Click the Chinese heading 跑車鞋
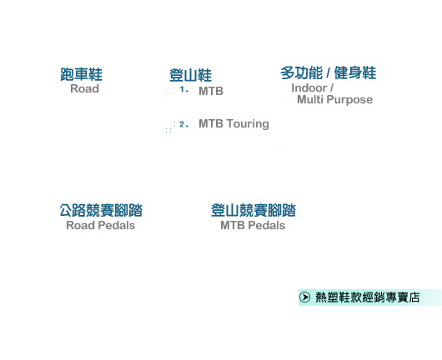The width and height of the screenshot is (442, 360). [81, 74]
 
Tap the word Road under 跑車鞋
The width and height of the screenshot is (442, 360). [84, 88]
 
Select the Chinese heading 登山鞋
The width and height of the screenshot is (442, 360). [190, 75]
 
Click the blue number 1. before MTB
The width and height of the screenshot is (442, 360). [183, 90]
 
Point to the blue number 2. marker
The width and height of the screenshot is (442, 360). [183, 124]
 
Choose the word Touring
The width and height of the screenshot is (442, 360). [248, 124]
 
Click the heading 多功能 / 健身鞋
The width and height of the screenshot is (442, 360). [328, 73]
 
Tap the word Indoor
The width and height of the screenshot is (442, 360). [309, 87]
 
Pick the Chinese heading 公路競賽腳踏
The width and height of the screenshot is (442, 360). [101, 211]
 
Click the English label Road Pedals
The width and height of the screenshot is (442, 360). [101, 225]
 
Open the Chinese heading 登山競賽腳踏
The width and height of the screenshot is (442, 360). [254, 211]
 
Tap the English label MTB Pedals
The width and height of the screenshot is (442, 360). [253, 225]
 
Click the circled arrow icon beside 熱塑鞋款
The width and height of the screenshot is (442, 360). [304, 297]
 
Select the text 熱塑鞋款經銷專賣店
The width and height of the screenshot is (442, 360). [368, 297]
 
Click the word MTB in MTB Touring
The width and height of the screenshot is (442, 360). [211, 123]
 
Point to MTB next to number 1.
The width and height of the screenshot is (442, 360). [211, 91]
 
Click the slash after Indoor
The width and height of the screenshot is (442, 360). [332, 87]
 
